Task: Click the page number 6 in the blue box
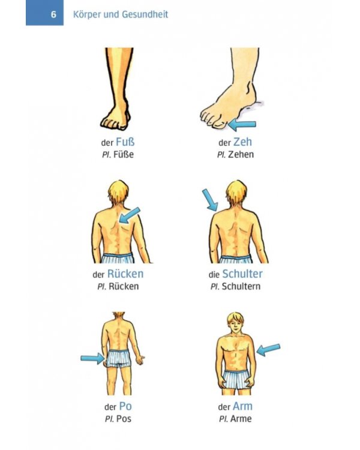[x=53, y=14]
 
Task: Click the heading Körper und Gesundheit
[x=121, y=14]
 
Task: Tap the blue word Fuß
[x=125, y=142]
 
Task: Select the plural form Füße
[x=124, y=154]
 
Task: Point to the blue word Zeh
[x=242, y=142]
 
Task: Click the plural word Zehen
[x=241, y=154]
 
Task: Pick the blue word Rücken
[x=125, y=274]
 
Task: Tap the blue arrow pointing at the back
[x=130, y=215]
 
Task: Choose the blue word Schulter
[x=242, y=274]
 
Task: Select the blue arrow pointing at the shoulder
[x=210, y=200]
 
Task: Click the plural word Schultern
[x=241, y=286]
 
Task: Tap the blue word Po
[x=125, y=406]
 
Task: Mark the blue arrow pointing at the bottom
[x=93, y=358]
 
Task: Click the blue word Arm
[x=242, y=406]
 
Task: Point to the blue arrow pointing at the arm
[x=268, y=350]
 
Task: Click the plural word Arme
[x=241, y=419]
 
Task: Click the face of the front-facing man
[x=235, y=326]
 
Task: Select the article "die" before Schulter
[x=214, y=275]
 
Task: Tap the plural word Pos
[x=124, y=419]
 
